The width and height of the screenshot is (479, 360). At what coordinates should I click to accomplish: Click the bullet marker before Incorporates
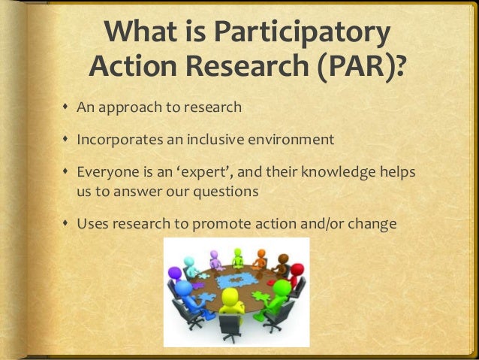pos(66,141)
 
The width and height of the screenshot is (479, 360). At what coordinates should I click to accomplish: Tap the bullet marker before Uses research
pos(66,225)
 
